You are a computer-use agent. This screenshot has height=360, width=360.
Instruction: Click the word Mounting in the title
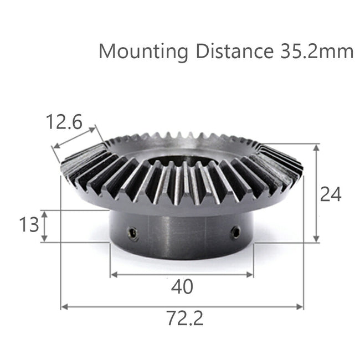[143, 52]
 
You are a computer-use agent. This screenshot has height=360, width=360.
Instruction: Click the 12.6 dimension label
[64, 122]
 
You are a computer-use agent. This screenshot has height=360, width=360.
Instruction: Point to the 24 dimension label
[331, 194]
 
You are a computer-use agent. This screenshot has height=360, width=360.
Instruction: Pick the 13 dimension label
[29, 225]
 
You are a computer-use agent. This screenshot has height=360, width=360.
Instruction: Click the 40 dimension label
[182, 287]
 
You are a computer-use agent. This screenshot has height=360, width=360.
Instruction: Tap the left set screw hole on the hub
[132, 234]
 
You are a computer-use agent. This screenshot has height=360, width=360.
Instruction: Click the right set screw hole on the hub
[236, 232]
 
